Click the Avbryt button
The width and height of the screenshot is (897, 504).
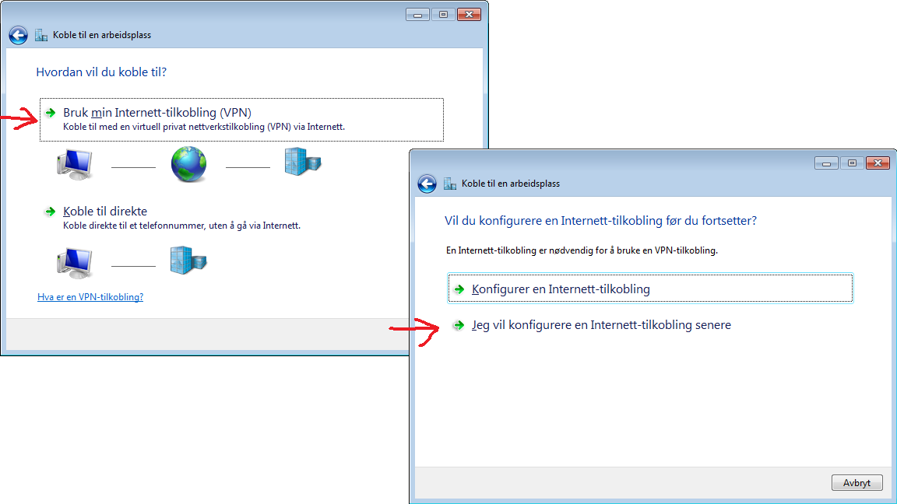pos(857,483)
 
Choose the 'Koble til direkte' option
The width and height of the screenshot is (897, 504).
pos(105,212)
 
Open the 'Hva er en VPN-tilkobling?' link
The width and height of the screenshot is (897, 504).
pos(90,297)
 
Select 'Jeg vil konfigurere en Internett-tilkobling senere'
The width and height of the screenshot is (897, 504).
pos(601,325)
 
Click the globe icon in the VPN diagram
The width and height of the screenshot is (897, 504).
pos(188,164)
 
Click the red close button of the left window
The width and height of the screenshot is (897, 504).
pos(469,14)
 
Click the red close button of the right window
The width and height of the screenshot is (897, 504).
pos(878,163)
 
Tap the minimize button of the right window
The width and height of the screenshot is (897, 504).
pos(826,163)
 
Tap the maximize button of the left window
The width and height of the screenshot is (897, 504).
pos(443,14)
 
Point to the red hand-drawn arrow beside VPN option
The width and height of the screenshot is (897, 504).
pos(19,119)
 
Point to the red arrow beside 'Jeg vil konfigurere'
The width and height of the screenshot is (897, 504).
pos(414,331)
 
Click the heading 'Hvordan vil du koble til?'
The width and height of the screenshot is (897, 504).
pos(101,72)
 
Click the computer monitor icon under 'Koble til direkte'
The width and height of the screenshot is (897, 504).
pos(75,263)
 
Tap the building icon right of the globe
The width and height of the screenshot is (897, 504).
pos(303,162)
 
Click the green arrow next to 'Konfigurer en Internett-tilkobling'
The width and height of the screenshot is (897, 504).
pos(459,289)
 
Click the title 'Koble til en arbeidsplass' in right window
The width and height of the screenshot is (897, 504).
pos(511,184)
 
